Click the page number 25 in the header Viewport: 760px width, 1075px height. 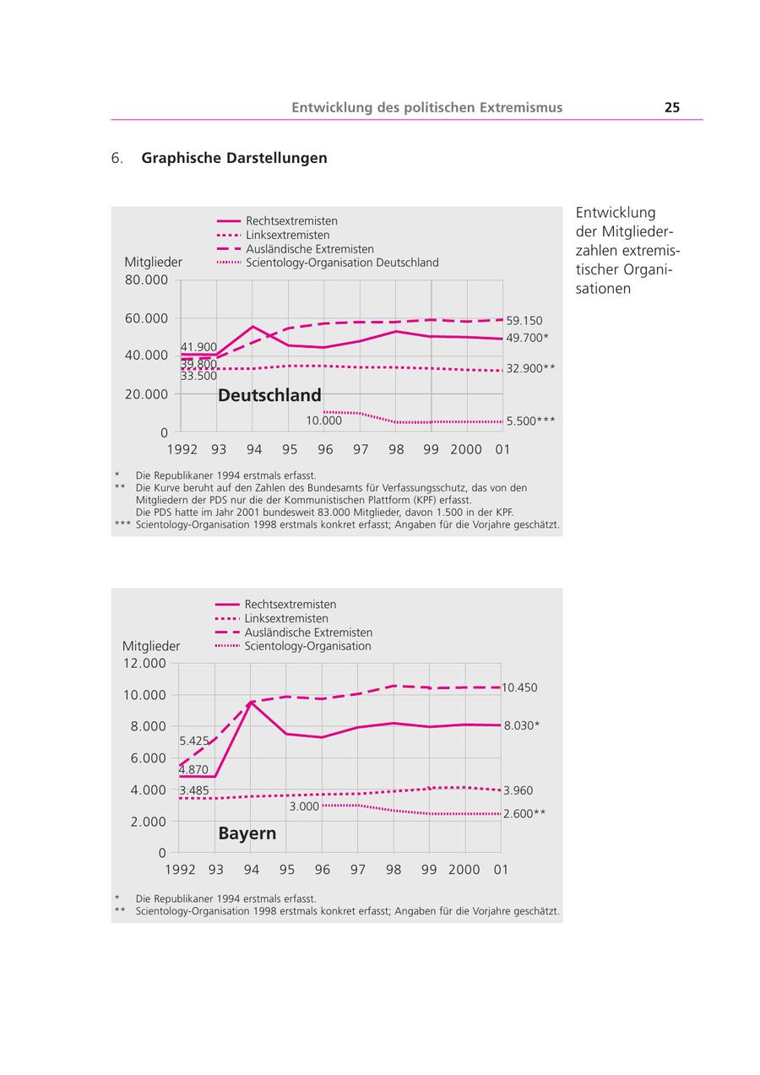672,107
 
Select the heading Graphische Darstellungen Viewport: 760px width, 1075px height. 234,158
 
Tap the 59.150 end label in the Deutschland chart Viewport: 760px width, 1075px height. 524,321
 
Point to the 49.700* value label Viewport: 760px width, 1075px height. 528,338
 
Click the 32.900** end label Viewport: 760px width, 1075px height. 530,369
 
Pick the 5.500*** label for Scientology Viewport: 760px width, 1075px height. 530,421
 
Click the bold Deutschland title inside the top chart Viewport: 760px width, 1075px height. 269,395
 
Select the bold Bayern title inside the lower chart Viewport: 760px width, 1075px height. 247,833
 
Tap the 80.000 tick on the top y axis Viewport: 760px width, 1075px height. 146,280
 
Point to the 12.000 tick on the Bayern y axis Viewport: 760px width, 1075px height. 144,663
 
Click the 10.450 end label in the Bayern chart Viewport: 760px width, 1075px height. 519,688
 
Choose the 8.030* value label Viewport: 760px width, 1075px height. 522,725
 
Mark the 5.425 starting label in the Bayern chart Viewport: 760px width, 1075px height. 193,741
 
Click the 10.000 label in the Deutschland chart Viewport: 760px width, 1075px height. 323,421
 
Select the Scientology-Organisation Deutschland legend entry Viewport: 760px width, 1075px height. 342,263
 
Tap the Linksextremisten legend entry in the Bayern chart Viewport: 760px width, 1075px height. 286,619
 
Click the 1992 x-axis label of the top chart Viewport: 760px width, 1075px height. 182,449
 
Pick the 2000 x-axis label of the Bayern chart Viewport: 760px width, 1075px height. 464,870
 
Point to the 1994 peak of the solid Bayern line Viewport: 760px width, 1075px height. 251,702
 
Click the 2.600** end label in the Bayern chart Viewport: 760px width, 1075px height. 524,814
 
